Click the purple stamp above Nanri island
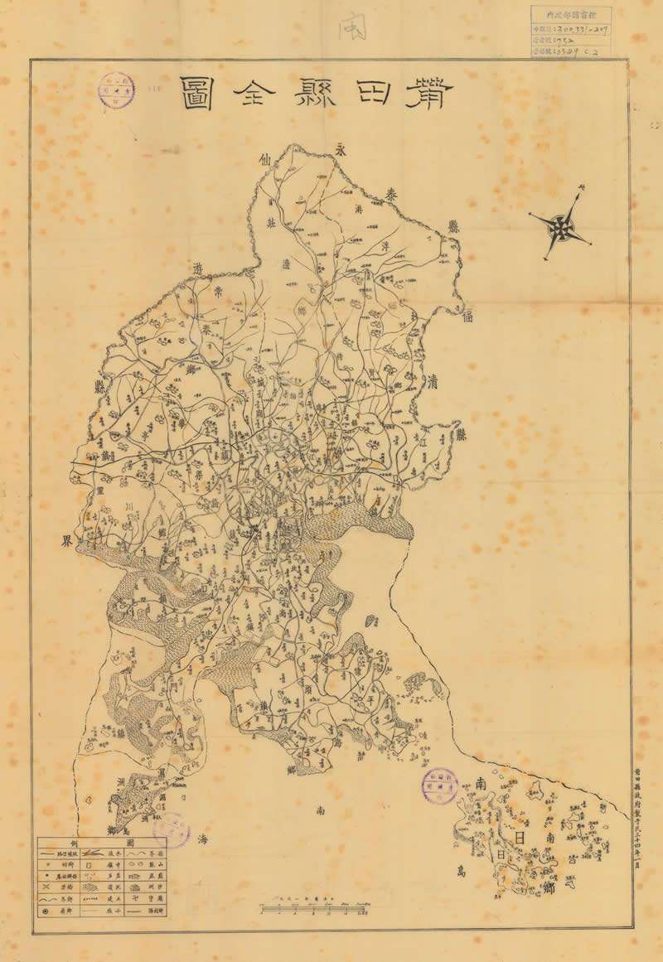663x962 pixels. [440, 785]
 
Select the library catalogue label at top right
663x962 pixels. [570, 32]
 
